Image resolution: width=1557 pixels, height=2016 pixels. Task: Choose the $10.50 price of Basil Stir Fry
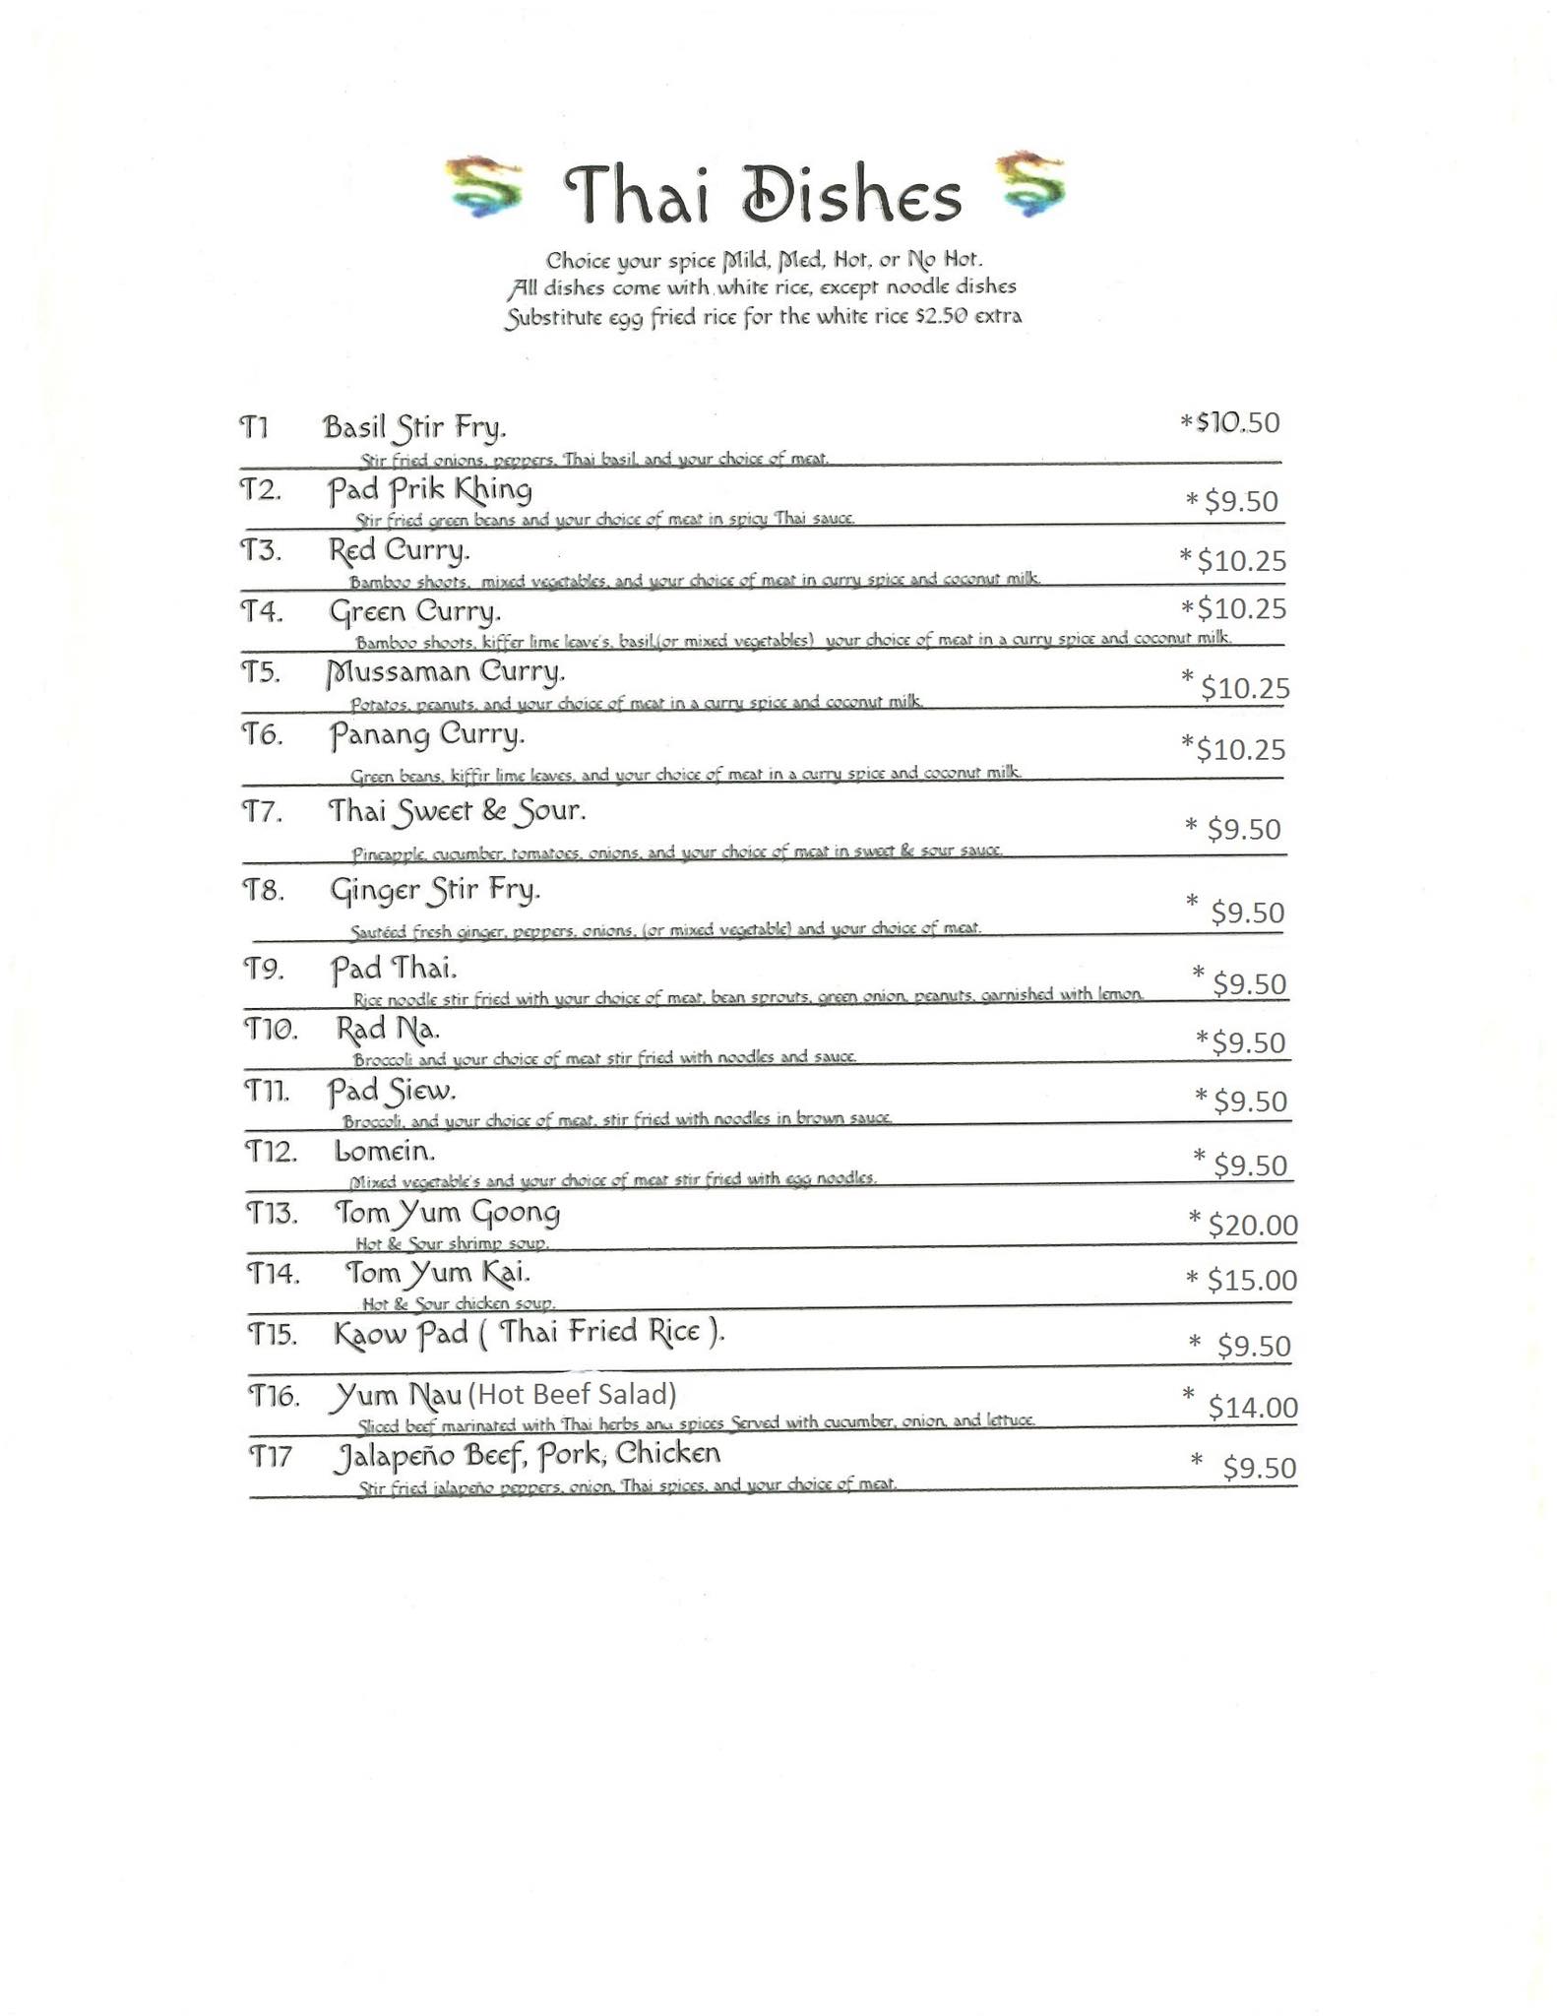[1237, 422]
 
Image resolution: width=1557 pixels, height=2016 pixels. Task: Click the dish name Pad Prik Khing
[430, 489]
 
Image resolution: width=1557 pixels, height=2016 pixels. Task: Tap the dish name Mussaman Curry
[446, 672]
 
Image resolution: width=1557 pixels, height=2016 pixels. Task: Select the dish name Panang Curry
[426, 734]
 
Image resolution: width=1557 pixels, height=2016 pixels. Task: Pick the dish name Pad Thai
[393, 969]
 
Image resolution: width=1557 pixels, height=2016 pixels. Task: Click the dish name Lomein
[384, 1151]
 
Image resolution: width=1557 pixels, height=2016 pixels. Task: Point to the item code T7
[263, 813]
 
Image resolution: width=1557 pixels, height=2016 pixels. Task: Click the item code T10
[270, 1030]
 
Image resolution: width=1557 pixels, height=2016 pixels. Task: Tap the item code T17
[270, 1456]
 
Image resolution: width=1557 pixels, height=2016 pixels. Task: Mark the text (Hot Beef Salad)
[572, 1394]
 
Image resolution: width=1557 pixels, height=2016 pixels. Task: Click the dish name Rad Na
[387, 1030]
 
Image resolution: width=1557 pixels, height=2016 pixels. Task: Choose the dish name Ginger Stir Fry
[434, 891]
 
